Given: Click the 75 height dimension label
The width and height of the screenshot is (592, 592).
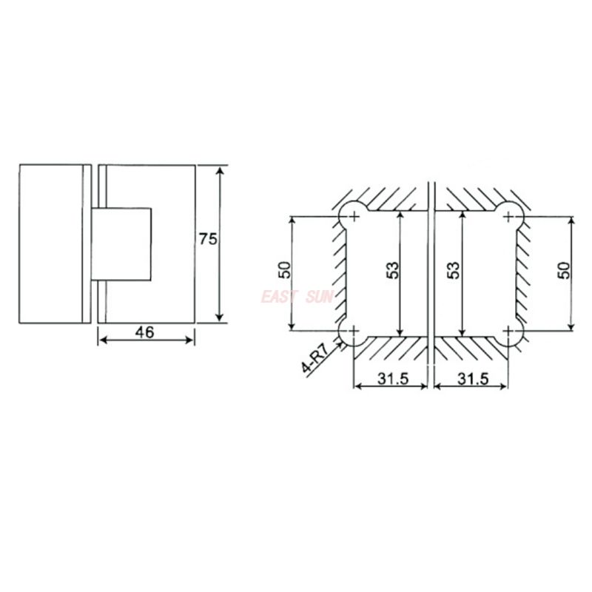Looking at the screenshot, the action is click(x=208, y=239).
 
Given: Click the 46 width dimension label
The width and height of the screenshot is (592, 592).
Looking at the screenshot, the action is click(x=145, y=332).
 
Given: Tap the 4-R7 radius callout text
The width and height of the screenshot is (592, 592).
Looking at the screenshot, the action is click(x=315, y=355).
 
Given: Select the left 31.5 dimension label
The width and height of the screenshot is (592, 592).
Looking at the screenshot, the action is click(x=393, y=378).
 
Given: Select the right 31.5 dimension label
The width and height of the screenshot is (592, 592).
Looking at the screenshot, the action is click(x=473, y=378).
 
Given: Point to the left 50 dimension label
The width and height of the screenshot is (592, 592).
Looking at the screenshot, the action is click(x=285, y=270).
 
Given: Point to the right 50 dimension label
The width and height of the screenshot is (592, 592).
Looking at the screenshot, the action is click(x=565, y=270).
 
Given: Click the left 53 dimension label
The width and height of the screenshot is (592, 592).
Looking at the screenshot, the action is click(x=394, y=270).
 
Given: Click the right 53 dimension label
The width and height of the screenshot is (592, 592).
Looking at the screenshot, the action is click(x=454, y=270).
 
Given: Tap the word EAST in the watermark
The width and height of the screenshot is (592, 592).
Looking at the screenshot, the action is click(x=278, y=297).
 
